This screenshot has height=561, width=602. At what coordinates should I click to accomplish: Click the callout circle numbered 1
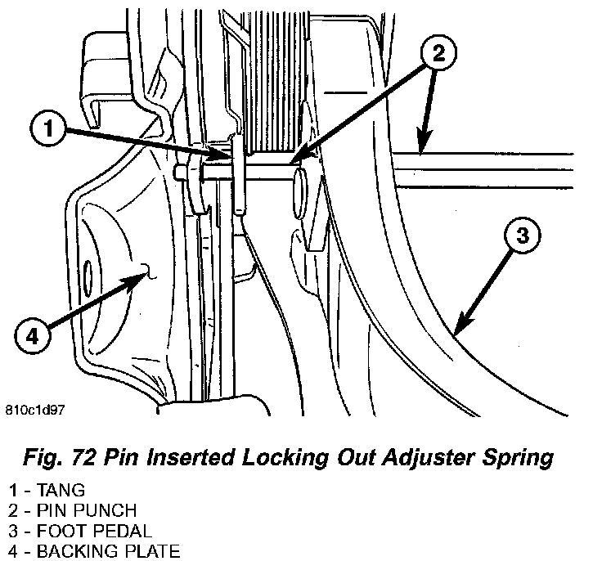pyautogui.click(x=50, y=128)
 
